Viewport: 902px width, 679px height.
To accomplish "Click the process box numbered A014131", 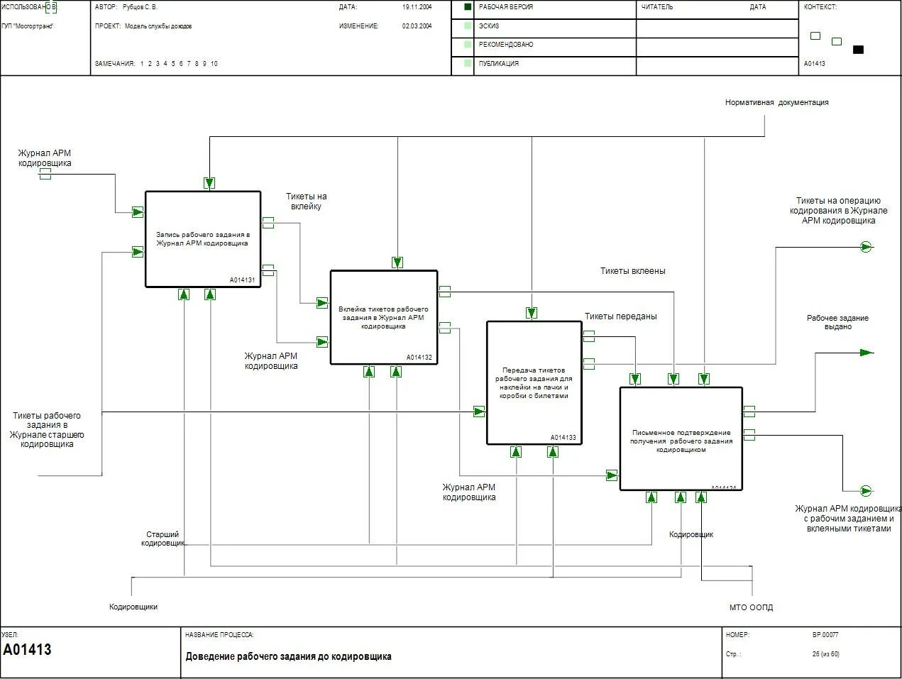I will pyautogui.click(x=203, y=239).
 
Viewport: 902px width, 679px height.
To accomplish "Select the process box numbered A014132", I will pyautogui.click(x=384, y=317).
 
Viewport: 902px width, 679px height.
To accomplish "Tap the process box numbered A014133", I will pyautogui.click(x=534, y=383).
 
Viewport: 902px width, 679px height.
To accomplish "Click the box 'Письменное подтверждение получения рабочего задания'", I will pyautogui.click(x=681, y=438).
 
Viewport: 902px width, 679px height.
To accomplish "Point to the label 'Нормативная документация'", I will pyautogui.click(x=776, y=103).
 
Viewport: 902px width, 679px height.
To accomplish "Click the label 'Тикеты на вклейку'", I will pyautogui.click(x=307, y=202).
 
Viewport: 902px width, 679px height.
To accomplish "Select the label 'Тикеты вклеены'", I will pyautogui.click(x=633, y=271).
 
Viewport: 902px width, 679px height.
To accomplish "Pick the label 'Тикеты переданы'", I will pyautogui.click(x=621, y=316).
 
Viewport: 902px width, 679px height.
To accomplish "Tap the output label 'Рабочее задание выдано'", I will pyautogui.click(x=837, y=323).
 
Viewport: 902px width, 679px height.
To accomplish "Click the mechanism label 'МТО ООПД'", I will pyautogui.click(x=752, y=607).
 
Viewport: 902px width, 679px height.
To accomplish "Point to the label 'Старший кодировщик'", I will pyautogui.click(x=163, y=539).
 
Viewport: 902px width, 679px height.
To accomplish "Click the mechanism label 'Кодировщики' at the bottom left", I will pyautogui.click(x=133, y=607).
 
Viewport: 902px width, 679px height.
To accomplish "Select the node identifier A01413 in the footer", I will pyautogui.click(x=28, y=650).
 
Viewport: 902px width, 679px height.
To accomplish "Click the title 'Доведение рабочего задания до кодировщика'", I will pyautogui.click(x=288, y=656).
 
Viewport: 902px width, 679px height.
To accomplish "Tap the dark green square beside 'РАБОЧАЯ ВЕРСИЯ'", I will pyautogui.click(x=468, y=7).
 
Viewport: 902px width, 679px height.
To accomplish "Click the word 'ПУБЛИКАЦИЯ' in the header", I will pyautogui.click(x=499, y=64).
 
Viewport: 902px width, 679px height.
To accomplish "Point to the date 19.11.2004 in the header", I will pyautogui.click(x=417, y=7).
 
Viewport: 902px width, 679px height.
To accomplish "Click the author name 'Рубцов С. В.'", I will pyautogui.click(x=141, y=7).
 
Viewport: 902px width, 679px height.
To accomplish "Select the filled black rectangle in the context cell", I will pyautogui.click(x=858, y=50).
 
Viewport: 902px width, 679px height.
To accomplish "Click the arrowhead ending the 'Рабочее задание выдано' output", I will pyautogui.click(x=866, y=353).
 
